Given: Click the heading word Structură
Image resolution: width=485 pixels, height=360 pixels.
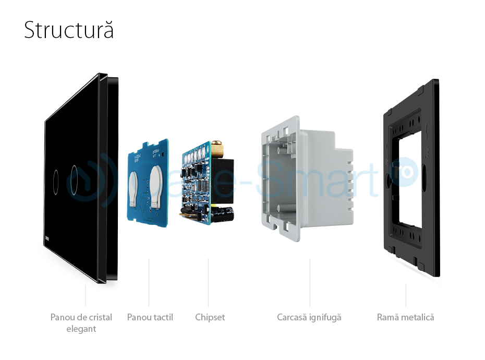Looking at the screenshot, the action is (69, 31).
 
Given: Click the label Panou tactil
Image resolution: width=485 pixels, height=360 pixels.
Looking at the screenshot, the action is (150, 317).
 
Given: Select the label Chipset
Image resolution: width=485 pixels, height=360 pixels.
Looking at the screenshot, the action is (210, 317).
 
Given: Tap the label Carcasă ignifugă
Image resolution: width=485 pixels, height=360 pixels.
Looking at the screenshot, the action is (309, 317).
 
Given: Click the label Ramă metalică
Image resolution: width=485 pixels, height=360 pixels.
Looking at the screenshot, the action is (405, 317).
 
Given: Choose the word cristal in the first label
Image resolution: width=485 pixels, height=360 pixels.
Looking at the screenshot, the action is (100, 317).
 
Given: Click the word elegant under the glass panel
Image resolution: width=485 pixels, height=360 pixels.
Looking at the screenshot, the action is (81, 329).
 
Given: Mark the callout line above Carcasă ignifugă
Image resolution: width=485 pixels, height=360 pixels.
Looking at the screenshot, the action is (310, 282).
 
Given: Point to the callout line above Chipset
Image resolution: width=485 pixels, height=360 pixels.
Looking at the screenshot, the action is (209, 282).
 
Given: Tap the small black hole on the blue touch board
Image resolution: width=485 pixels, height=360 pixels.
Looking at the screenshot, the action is (164, 154).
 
